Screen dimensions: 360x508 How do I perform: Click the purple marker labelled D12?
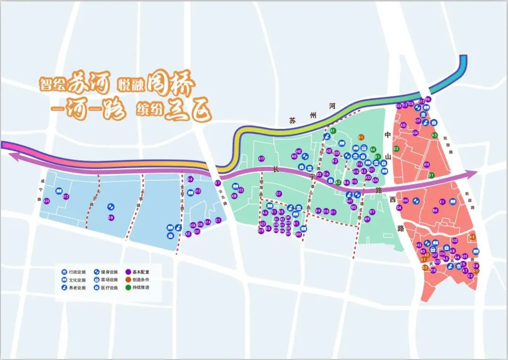coord(66,196)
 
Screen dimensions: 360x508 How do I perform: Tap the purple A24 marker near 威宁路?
coord(46,201)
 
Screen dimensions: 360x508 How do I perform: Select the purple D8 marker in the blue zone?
coord(111,218)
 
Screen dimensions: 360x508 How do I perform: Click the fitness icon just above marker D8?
coord(111,206)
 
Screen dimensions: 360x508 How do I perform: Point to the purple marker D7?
coord(217,183)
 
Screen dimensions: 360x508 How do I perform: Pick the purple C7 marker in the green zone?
coord(278,194)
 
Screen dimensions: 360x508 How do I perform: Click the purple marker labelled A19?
coord(262,158)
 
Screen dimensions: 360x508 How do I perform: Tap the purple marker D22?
coord(240,190)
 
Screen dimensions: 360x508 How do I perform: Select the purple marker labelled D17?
coord(372,212)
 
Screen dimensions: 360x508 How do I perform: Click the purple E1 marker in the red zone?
coord(442,202)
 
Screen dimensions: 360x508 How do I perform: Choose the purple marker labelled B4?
coord(435,210)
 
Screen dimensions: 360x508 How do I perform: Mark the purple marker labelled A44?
coord(405,201)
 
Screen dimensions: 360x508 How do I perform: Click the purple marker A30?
coord(454,241)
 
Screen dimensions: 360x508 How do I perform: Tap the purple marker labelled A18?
coord(427,164)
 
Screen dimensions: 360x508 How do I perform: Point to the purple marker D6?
coord(428,99)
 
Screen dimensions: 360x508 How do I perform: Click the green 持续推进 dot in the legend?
coord(128,287)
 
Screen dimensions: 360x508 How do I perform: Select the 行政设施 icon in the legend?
coord(64,272)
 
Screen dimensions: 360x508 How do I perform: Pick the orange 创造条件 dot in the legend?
coord(128,279)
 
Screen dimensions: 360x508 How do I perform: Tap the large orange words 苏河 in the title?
coord(88,85)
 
